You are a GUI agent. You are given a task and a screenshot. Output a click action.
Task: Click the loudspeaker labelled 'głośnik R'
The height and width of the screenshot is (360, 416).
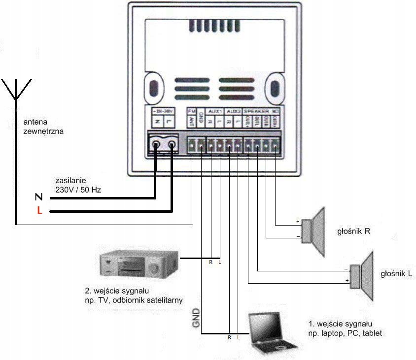click(313, 231)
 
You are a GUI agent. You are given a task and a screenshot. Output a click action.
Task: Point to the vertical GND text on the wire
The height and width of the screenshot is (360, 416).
click(196, 320)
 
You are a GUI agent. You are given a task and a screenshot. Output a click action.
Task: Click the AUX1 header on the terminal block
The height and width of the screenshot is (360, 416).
click(215, 111)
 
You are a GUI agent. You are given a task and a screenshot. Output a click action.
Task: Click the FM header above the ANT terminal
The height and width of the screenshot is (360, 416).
click(191, 111)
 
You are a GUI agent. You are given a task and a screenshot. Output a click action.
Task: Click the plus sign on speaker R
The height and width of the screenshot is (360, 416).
click(298, 222)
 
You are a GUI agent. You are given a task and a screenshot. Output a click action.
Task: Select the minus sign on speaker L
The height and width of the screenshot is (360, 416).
click(347, 269)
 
